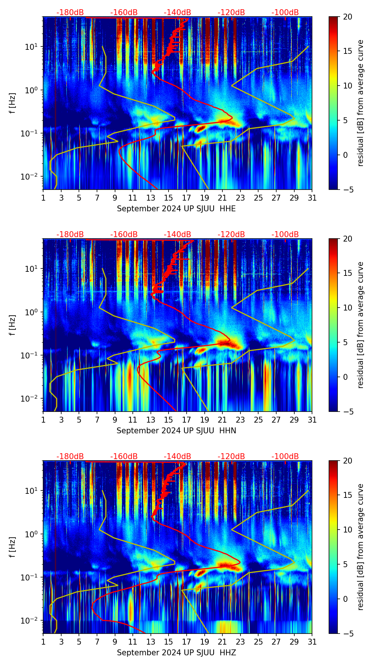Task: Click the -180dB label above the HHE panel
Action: point(70,13)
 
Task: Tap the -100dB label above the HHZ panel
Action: point(285,457)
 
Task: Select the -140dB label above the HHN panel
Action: point(177,235)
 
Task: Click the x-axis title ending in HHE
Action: point(176,209)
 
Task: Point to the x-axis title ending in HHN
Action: point(176,431)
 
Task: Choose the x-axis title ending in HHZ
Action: point(176,653)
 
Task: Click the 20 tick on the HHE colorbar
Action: point(348,17)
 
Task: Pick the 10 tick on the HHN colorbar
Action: point(348,308)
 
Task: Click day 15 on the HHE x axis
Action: point(169,198)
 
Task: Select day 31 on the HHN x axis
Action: point(312,420)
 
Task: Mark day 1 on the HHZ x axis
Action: point(43,642)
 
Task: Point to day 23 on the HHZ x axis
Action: point(240,642)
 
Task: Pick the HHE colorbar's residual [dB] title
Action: point(361,103)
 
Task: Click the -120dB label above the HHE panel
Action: point(231,13)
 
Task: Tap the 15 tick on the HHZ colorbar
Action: point(348,495)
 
